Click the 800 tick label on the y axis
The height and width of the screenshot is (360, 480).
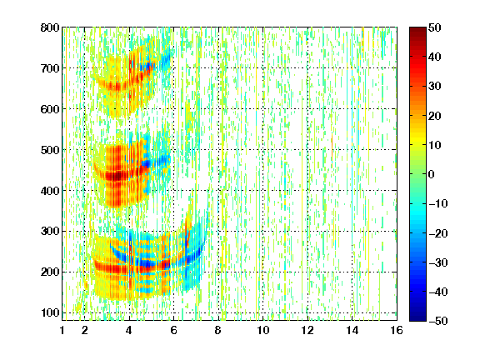[50, 27]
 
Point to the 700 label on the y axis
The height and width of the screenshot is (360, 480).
[50, 68]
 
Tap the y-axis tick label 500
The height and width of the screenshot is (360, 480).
[50, 150]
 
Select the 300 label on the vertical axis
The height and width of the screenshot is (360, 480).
[50, 232]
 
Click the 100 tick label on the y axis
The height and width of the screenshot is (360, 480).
[50, 312]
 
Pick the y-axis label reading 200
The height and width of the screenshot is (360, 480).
[50, 272]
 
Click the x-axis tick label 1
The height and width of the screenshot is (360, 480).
[62, 330]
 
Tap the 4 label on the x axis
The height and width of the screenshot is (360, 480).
[129, 330]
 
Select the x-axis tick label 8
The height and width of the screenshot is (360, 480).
[218, 330]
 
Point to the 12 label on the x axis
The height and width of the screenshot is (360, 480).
[307, 330]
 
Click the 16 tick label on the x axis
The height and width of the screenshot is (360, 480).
[397, 330]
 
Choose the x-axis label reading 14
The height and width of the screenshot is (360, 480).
[352, 330]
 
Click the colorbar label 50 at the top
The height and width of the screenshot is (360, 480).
[435, 27]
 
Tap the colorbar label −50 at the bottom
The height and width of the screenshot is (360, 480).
[438, 321]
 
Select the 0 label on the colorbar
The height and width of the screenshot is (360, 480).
[432, 174]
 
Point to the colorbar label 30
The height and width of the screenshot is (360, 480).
[435, 87]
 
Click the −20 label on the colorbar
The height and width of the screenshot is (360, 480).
[438, 233]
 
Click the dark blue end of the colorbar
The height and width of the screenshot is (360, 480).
[417, 318]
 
